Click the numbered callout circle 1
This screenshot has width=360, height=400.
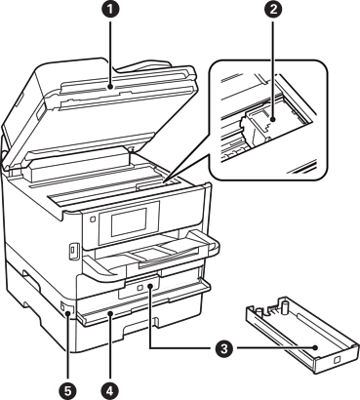pyautogui.click(x=110, y=10)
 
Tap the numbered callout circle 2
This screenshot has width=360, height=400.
pyautogui.click(x=273, y=10)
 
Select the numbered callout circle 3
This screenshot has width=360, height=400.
pyautogui.click(x=223, y=349)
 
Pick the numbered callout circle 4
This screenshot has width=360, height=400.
pyautogui.click(x=110, y=389)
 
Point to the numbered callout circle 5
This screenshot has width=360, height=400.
pyautogui.click(x=67, y=389)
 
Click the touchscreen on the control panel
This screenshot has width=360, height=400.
pyautogui.click(x=129, y=222)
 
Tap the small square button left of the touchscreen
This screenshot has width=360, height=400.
pyautogui.click(x=92, y=220)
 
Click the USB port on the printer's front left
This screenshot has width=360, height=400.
pyautogui.click(x=73, y=251)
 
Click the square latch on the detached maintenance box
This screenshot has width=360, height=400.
pyautogui.click(x=337, y=360)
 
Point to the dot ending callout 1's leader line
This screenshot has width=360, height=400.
pyautogui.click(x=110, y=87)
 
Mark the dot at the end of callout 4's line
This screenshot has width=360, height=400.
pyautogui.click(x=110, y=313)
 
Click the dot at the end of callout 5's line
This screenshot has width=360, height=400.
pyautogui.click(x=67, y=313)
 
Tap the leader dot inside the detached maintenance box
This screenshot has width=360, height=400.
pyautogui.click(x=315, y=348)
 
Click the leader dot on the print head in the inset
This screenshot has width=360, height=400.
pyautogui.click(x=273, y=120)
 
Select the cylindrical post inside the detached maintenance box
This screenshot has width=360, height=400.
pyautogui.click(x=285, y=307)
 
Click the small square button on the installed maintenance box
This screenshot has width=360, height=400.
pyautogui.click(x=140, y=288)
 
